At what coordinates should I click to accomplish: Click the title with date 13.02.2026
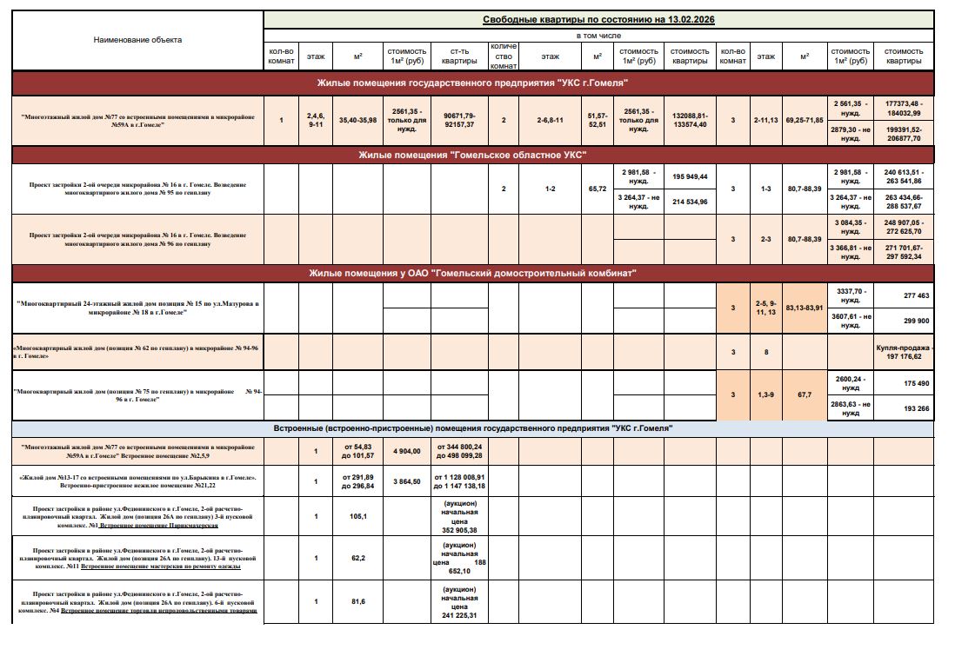coord(598,19)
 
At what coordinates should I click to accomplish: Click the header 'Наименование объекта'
coord(138,40)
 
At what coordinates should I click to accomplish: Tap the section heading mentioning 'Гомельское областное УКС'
coord(472,155)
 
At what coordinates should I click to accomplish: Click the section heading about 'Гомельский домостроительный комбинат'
coord(472,274)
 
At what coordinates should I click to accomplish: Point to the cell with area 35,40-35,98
coord(357,120)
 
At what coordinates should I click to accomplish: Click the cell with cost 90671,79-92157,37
coord(459,120)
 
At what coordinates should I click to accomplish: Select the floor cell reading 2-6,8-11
coord(550,120)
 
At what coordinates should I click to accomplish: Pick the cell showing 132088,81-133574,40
coord(690,120)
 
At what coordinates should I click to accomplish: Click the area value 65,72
coord(598,188)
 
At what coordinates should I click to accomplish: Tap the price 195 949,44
coord(690,176)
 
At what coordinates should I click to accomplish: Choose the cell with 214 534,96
coord(690,202)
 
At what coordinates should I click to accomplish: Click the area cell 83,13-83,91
coord(804,308)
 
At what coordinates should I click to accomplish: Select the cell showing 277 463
coord(904,296)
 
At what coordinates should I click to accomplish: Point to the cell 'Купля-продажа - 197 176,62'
coord(904,351)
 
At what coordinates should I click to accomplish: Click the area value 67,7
coord(804,394)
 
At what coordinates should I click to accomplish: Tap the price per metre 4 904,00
coord(407,451)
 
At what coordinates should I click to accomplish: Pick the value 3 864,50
coord(407,480)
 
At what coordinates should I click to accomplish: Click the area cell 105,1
coord(357,515)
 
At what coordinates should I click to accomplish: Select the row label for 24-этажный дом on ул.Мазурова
coord(138,308)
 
